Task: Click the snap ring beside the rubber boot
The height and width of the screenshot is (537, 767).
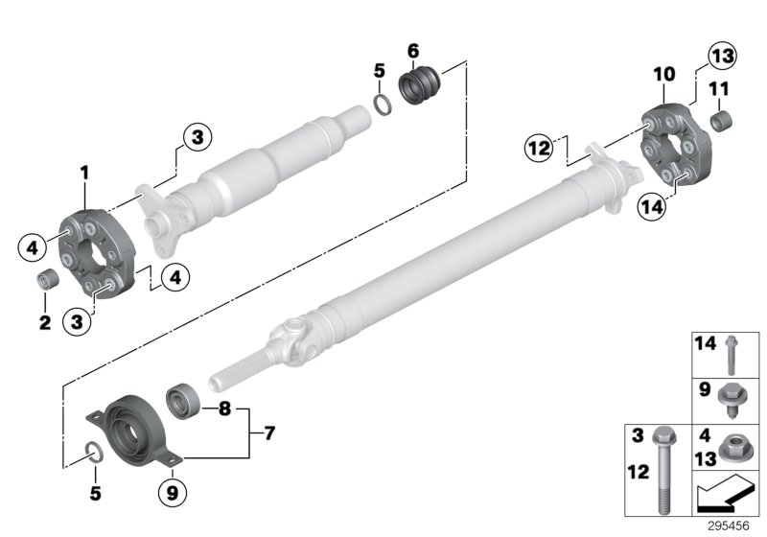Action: tap(381, 103)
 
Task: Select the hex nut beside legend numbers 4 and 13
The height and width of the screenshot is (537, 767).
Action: tap(732, 444)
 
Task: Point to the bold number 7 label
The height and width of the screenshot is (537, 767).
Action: tap(268, 434)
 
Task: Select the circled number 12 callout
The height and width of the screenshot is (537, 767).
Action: tap(540, 148)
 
